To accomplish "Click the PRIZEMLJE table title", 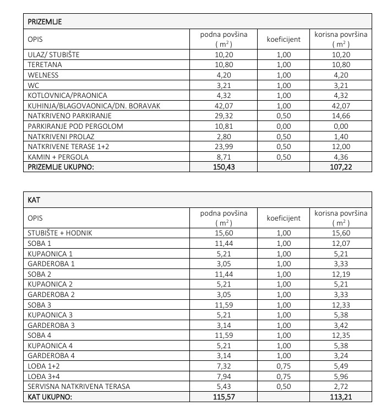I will (x=45, y=22).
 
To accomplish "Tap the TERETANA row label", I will (x=43, y=65).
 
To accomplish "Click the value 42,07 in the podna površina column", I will (x=224, y=106).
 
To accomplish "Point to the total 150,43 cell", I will (x=224, y=167).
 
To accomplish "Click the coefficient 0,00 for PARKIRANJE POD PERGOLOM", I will (x=283, y=126).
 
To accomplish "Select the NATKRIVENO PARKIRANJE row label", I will (x=69, y=116).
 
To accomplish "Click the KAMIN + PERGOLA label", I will (x=56, y=157).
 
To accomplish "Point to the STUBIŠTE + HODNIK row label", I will (x=60, y=233).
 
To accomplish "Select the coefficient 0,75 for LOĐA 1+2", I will (x=283, y=366).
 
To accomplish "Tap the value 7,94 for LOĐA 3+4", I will (x=224, y=376).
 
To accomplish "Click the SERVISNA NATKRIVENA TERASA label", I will (x=79, y=386).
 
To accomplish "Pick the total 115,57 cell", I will (x=224, y=397).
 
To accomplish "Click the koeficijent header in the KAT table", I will (x=283, y=218).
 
